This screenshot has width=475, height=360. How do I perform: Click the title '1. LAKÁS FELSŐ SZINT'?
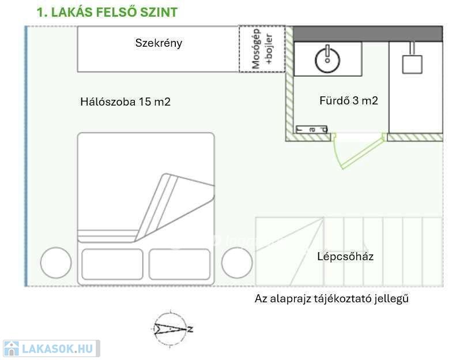[x=107, y=12]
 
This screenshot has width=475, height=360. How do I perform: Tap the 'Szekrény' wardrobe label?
[x=159, y=43]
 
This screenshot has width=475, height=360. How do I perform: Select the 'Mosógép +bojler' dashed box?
[x=262, y=49]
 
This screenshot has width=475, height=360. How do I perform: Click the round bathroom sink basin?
[x=327, y=58]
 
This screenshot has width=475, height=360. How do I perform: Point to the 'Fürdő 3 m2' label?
[x=349, y=100]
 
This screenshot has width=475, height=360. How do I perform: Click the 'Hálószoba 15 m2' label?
[x=125, y=102]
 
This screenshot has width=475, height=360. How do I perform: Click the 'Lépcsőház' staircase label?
[x=345, y=256]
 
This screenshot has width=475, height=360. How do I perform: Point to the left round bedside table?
[x=56, y=263]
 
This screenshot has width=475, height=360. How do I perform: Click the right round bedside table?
[x=237, y=263]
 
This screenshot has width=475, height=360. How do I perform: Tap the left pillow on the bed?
[x=112, y=264]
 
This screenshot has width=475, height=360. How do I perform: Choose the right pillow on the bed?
[x=179, y=264]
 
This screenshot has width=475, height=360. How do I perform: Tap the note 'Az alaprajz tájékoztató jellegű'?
[x=331, y=299]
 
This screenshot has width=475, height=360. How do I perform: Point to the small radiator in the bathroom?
[x=311, y=130]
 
